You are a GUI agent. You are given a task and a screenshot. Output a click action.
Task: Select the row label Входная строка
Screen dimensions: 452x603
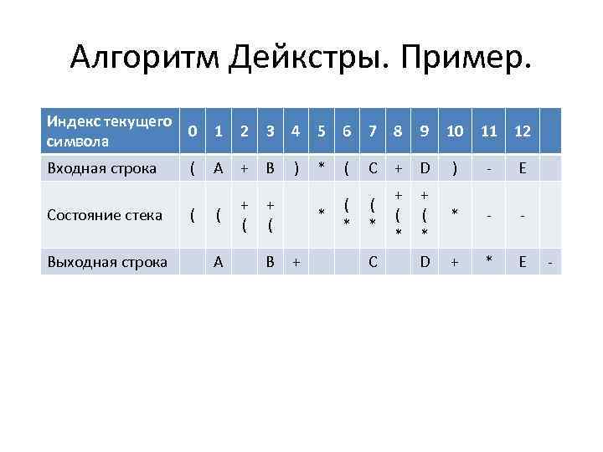[102, 168]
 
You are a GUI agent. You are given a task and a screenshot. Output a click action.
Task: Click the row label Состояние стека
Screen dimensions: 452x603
[106, 215]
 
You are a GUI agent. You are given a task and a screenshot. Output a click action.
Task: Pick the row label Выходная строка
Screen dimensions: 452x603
[106, 262]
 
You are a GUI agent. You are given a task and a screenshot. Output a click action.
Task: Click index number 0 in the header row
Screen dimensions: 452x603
[193, 132]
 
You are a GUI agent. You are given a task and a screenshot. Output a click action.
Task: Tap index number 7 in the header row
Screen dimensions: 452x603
[374, 132]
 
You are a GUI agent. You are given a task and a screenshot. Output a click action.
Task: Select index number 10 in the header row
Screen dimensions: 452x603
[455, 132]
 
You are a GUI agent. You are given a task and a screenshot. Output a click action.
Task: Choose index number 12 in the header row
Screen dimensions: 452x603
[523, 132]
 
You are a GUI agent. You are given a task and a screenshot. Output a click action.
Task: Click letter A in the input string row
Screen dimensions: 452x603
[218, 168]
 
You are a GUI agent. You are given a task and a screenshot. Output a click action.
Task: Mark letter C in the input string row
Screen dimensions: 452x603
[374, 168]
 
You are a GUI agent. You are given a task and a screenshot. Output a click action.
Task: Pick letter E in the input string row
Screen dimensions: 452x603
[523, 168]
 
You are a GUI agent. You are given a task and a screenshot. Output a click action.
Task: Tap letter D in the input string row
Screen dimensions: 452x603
[425, 168]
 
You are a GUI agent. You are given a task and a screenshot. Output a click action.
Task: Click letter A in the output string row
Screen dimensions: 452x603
[218, 262]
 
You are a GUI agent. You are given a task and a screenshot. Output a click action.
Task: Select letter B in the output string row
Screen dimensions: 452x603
[271, 262]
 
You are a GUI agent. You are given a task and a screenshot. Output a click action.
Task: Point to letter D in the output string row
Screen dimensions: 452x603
[425, 262]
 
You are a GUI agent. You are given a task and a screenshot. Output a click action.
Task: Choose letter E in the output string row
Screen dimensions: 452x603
[523, 262]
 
